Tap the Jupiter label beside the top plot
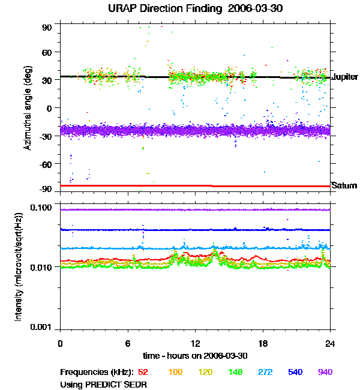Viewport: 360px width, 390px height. point(345,77)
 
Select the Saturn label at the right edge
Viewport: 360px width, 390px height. point(344,185)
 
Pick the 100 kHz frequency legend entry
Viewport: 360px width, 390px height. point(175,373)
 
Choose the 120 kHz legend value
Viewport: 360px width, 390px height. point(205,373)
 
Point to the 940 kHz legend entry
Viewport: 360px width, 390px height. point(325,373)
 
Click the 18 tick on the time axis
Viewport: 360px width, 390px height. point(262,343)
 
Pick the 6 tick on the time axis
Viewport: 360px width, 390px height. point(128,343)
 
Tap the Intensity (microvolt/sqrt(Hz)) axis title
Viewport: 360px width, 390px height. point(19,266)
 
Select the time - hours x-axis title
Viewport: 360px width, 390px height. point(195,356)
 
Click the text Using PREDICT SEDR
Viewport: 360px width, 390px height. point(104,384)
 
